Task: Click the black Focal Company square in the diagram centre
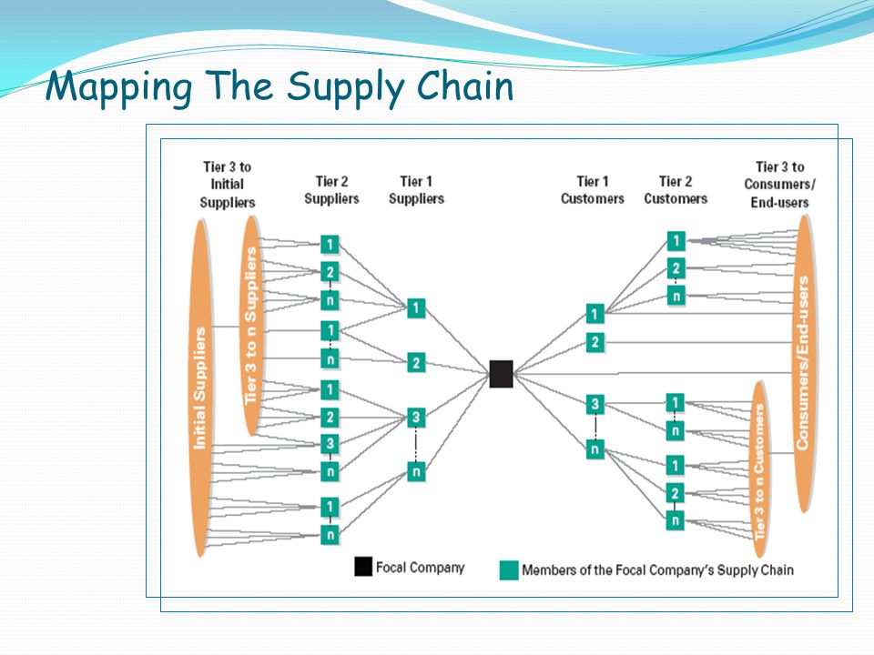[x=501, y=374]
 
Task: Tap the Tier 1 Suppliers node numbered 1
[x=416, y=308]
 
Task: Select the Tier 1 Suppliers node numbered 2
[x=416, y=363]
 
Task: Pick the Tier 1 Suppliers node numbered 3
[x=416, y=418]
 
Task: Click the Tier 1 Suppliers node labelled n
[x=416, y=472]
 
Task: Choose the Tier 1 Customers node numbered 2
[x=595, y=342]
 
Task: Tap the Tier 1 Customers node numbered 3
[x=595, y=404]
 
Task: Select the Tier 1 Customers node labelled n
[x=595, y=448]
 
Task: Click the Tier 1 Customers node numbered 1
[x=595, y=314]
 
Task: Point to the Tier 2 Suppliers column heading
[x=331, y=190]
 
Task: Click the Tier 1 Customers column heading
[x=592, y=190]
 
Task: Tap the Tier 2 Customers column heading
[x=676, y=190]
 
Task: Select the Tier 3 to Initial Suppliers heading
[x=228, y=185]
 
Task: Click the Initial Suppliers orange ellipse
[x=199, y=388]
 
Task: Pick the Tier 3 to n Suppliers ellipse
[x=251, y=326]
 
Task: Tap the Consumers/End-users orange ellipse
[x=803, y=363]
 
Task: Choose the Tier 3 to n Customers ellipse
[x=759, y=469]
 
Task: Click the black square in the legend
[x=363, y=566]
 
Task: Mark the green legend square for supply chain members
[x=509, y=570]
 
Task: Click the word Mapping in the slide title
[x=119, y=87]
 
